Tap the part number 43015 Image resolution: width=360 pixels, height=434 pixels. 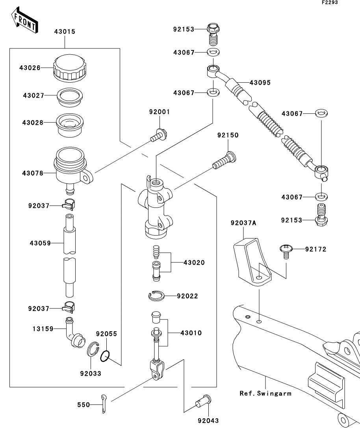point(65,31)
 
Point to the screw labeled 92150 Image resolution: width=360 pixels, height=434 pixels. point(224,161)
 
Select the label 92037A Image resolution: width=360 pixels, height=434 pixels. point(243,223)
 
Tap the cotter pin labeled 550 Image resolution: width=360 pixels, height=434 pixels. point(103,404)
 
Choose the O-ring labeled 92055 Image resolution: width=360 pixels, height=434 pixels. point(104,357)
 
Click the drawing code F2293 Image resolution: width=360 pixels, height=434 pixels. point(329,2)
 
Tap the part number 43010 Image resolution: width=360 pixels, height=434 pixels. point(191,333)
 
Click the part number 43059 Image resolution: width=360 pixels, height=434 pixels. point(40,243)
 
